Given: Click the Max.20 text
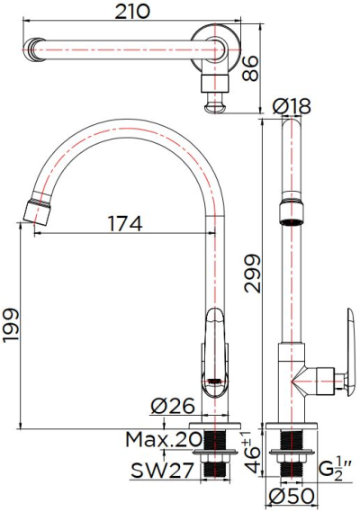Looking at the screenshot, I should coord(161,439).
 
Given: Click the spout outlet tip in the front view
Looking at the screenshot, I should coord(35,212).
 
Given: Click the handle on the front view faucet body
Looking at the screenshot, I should coord(213,351).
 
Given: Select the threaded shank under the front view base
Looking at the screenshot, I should coord(214,454).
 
